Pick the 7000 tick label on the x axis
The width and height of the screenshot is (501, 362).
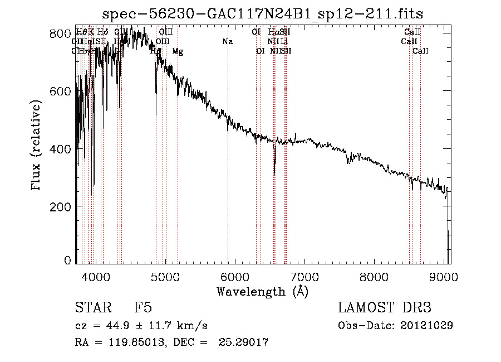coord(304,277)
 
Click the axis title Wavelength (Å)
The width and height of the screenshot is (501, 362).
coord(262,291)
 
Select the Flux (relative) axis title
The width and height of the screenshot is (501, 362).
coord(37,146)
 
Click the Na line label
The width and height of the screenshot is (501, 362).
coord(227,42)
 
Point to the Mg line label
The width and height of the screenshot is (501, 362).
coord(178,51)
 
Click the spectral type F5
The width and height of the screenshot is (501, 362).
coord(143,308)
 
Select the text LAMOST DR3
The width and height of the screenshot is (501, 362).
coord(385,308)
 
